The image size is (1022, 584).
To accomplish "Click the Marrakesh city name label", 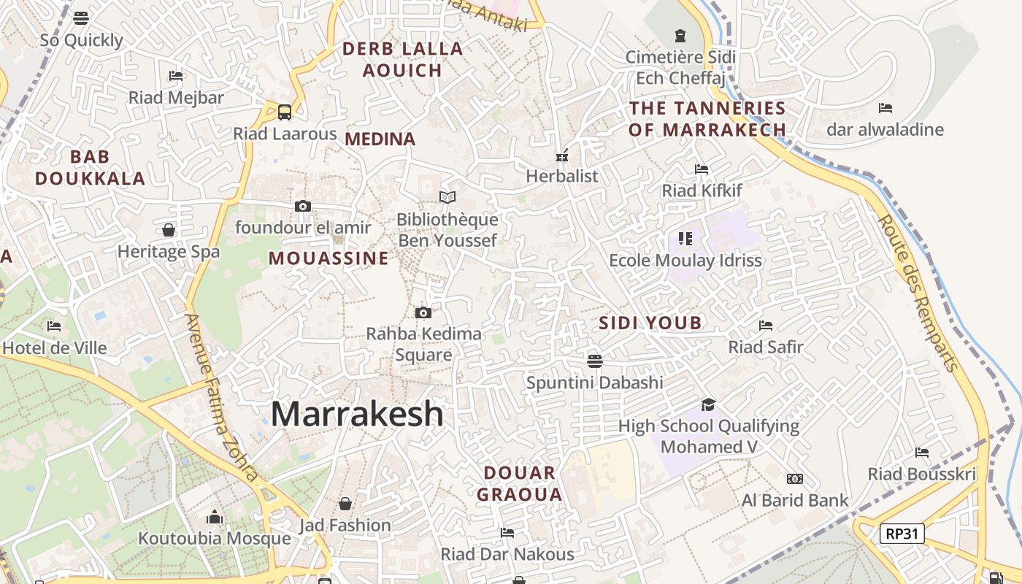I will (x=357, y=414).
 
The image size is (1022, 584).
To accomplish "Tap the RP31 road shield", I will (x=902, y=534).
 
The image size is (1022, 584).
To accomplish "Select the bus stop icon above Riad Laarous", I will (x=285, y=112).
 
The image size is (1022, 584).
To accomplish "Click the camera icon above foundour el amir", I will (x=303, y=206).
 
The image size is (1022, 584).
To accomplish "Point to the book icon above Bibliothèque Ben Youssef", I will (x=447, y=197).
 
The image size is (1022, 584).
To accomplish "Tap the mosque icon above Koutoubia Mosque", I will (x=215, y=517).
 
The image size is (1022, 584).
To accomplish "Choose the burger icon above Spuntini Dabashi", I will (x=595, y=361).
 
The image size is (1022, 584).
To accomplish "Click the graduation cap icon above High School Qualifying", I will (x=708, y=404).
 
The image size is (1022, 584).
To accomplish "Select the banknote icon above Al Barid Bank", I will (x=795, y=479).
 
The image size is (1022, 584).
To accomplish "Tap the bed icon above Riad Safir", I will (x=766, y=325).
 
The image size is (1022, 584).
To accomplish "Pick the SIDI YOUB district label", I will (x=650, y=323).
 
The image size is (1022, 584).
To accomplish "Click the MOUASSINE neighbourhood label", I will (x=328, y=258).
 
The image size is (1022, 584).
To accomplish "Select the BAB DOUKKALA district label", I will (x=91, y=167).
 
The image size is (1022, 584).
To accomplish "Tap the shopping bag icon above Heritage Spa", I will (x=169, y=230).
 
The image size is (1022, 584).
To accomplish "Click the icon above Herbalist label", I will (x=562, y=155).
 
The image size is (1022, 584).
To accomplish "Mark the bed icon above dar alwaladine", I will (x=885, y=108).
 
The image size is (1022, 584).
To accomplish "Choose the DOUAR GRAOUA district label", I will (x=520, y=483).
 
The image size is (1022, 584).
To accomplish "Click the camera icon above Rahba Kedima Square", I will (x=423, y=313).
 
